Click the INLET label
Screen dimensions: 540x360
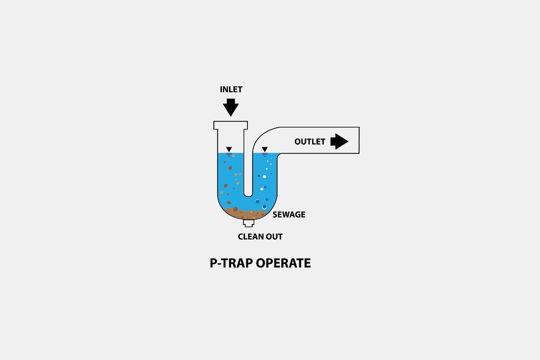point(231,90)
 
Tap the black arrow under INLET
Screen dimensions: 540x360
point(231,107)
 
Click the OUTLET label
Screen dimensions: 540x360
point(309,142)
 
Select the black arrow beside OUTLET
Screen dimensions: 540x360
point(339,141)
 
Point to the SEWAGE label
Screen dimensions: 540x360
point(289,215)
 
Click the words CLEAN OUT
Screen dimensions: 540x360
point(260,237)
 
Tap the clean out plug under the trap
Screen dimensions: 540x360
point(248,223)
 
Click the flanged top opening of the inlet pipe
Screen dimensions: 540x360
point(231,125)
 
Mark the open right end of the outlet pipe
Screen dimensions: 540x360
point(359,140)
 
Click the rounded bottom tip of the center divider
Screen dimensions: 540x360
point(248,195)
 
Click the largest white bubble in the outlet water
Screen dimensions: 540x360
point(265,207)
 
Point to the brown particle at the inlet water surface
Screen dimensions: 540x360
point(233,156)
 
